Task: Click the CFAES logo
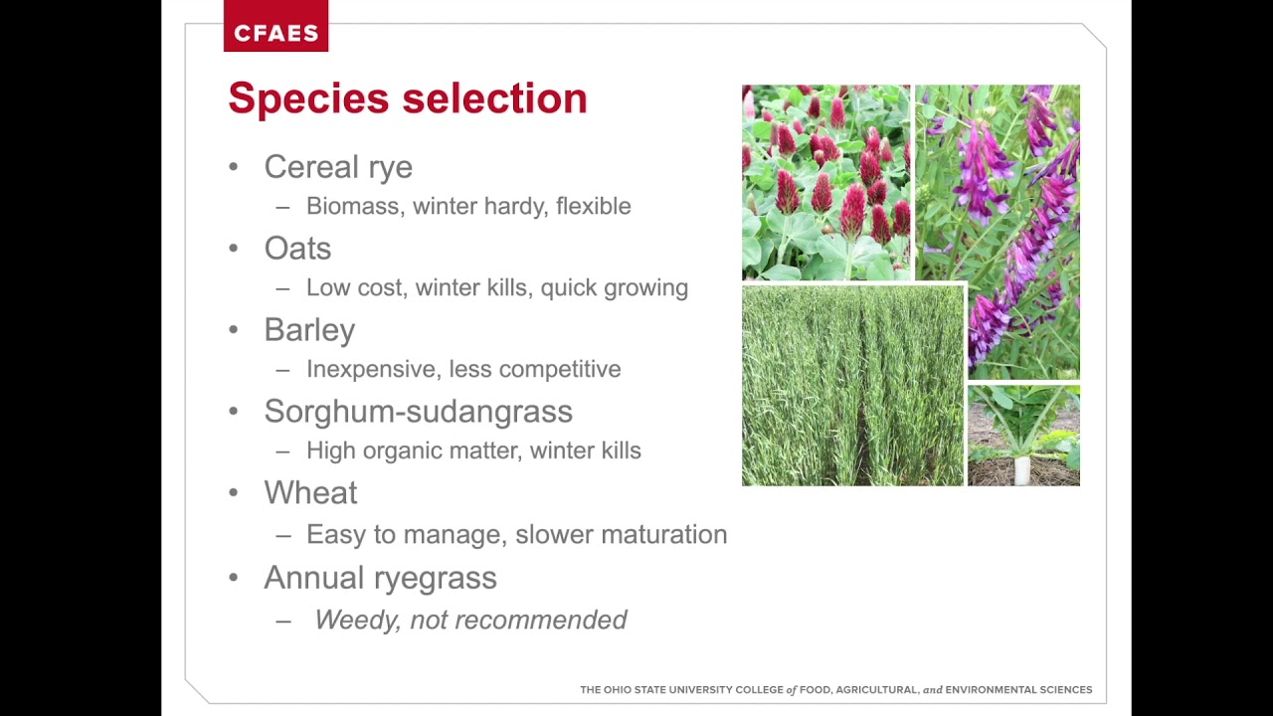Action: coord(275,33)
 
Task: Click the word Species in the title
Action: coord(307,98)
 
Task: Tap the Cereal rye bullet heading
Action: coord(337,167)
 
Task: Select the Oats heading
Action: coord(296,249)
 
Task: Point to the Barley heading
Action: coord(308,330)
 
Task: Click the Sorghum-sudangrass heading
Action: coord(418,412)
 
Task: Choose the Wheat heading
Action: coord(309,493)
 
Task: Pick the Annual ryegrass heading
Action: coord(379,578)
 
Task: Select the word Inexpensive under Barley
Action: coord(371,369)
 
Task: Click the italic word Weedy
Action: coord(354,620)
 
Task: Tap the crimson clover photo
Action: coord(825,182)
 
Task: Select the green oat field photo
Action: coord(852,386)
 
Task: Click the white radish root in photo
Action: coord(1021,467)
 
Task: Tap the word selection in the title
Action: coord(494,98)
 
